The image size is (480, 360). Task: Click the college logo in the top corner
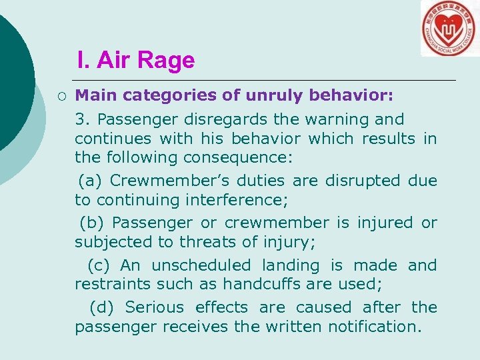449,28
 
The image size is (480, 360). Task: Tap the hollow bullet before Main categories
61,96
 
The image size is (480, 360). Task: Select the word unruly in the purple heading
274,96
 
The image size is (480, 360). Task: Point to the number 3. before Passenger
82,120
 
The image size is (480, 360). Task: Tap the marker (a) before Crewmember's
91,181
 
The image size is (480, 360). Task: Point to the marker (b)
92,223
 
